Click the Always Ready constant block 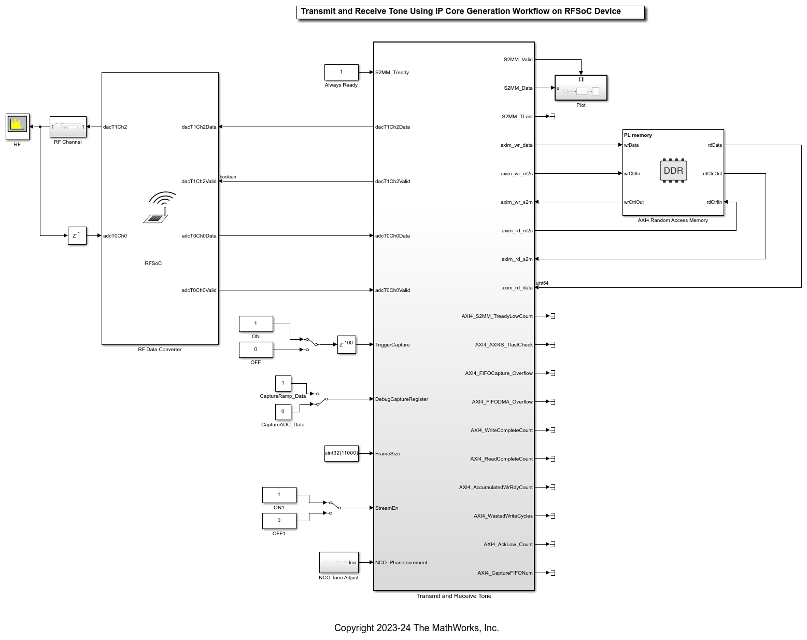click(341, 72)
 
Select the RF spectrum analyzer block click(18, 127)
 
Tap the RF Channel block click(68, 127)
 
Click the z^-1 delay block click(77, 235)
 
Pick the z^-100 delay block click(346, 344)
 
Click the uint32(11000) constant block click(341, 453)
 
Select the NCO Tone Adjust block click(338, 562)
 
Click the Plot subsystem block click(581, 88)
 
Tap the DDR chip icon click(673, 171)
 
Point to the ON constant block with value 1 click(256, 324)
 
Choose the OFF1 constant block click(279, 521)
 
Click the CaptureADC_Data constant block click(283, 412)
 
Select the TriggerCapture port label click(392, 345)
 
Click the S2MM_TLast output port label click(517, 117)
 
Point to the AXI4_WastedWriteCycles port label click(503, 516)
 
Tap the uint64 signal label click(542, 283)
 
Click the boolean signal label click(228, 177)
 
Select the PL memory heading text click(638, 135)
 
